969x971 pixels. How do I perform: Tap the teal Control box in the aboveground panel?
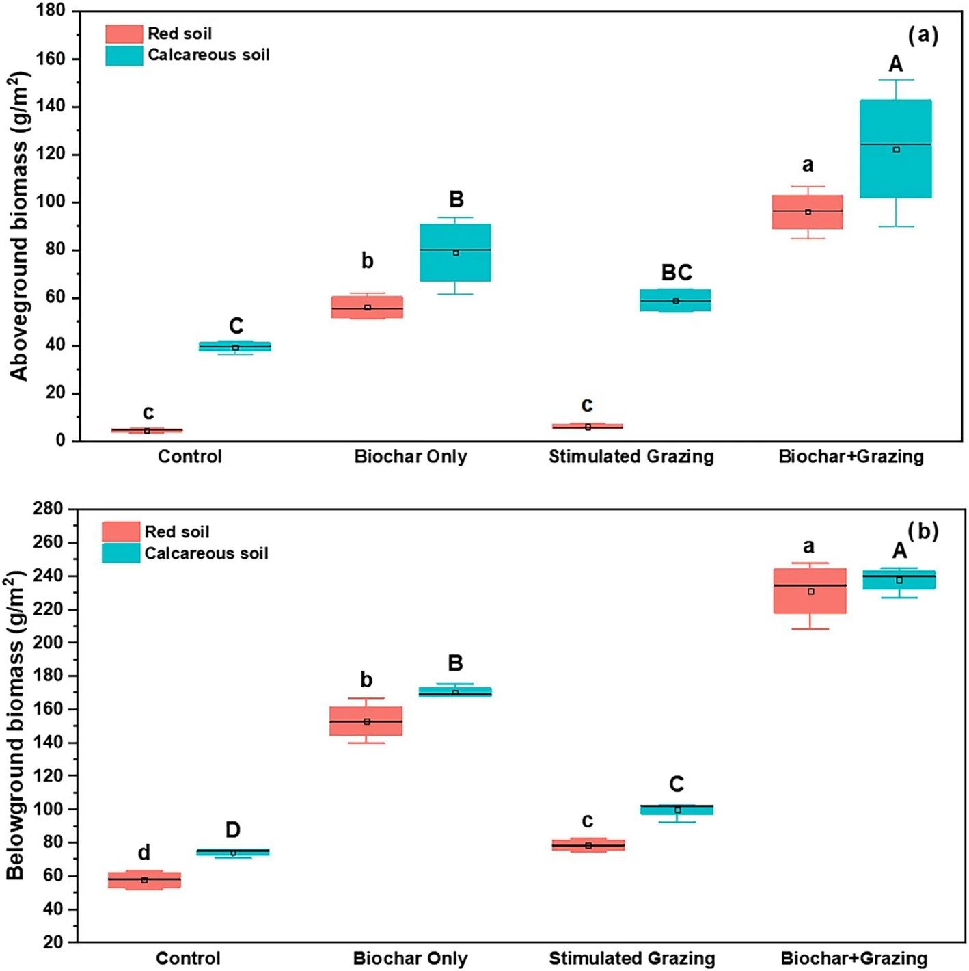pyautogui.click(x=235, y=346)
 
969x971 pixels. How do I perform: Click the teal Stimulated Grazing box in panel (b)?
pyautogui.click(x=677, y=810)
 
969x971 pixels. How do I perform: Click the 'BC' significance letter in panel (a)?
pyautogui.click(x=677, y=273)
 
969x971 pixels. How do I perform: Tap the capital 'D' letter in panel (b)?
pyautogui.click(x=233, y=830)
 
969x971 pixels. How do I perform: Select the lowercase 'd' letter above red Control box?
pyautogui.click(x=144, y=853)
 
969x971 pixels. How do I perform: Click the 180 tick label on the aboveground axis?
pyautogui.click(x=51, y=11)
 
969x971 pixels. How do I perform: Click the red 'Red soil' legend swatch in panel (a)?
pyautogui.click(x=124, y=34)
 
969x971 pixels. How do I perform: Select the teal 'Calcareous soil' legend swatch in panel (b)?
pyautogui.click(x=121, y=553)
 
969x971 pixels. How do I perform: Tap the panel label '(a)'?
pyautogui.click(x=923, y=35)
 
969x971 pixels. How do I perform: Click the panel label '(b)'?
pyautogui.click(x=923, y=531)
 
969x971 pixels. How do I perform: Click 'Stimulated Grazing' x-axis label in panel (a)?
pyautogui.click(x=631, y=457)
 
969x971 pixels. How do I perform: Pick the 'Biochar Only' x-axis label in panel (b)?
pyautogui.click(x=410, y=959)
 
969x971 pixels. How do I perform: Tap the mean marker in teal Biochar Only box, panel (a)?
pyautogui.click(x=456, y=253)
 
